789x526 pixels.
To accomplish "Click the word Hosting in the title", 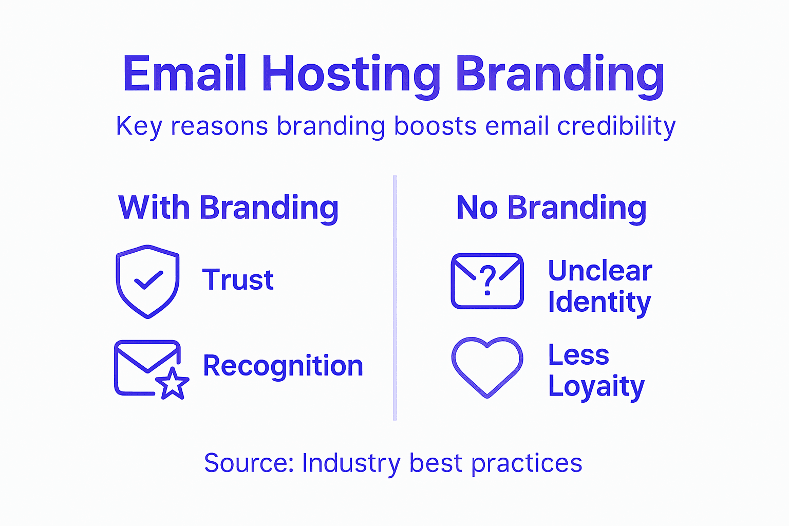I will coord(351,74).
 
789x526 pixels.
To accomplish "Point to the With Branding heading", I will coord(229,208).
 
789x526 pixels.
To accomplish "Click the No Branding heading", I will coord(551,208).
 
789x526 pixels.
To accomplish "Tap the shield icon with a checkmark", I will coord(148,281).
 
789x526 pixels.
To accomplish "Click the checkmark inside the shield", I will coord(148,280).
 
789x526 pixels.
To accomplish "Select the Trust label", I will coord(238,280).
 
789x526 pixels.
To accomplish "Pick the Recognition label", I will coord(283,366).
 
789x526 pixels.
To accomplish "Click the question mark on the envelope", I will coord(487,280).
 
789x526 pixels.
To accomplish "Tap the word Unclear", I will coord(600,271).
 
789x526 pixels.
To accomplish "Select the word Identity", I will coord(599,303).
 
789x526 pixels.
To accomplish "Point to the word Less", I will coord(578,355).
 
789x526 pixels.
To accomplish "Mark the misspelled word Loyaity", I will coord(596,387).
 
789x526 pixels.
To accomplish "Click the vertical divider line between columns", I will coord(394,298).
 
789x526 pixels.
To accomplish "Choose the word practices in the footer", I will coord(527,463).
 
